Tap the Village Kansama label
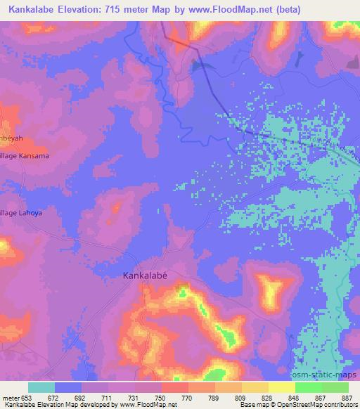coord(25,156)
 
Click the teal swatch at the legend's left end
coord(41,387)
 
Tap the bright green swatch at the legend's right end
coord(335,387)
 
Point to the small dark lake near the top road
coord(201,67)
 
